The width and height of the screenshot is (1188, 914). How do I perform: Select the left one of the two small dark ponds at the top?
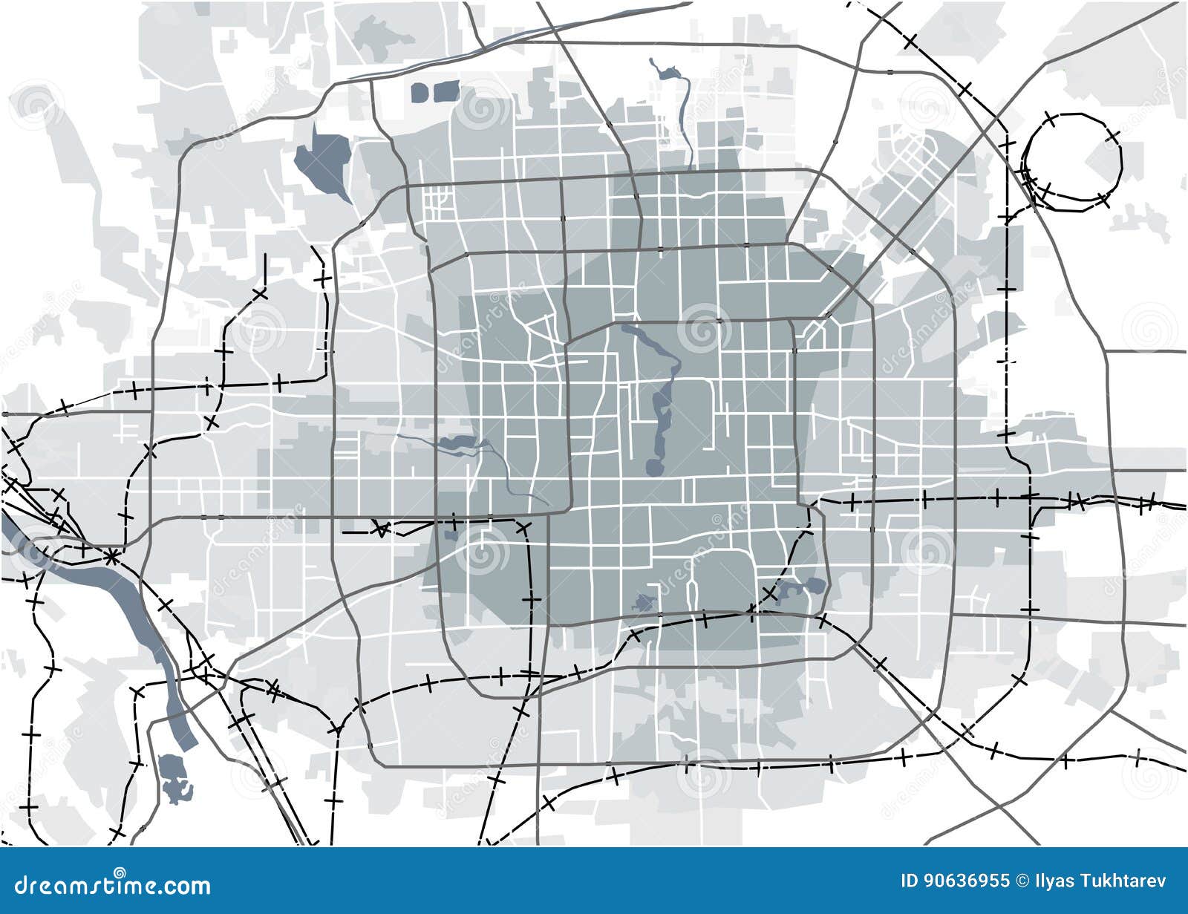[420, 93]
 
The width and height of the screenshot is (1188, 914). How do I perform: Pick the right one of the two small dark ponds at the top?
[446, 92]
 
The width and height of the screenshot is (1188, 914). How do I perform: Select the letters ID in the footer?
[909, 881]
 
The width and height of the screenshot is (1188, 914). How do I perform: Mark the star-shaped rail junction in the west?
[111, 555]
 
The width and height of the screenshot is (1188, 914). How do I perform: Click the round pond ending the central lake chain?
[653, 467]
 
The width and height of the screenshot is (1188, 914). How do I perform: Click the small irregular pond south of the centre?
[643, 603]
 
